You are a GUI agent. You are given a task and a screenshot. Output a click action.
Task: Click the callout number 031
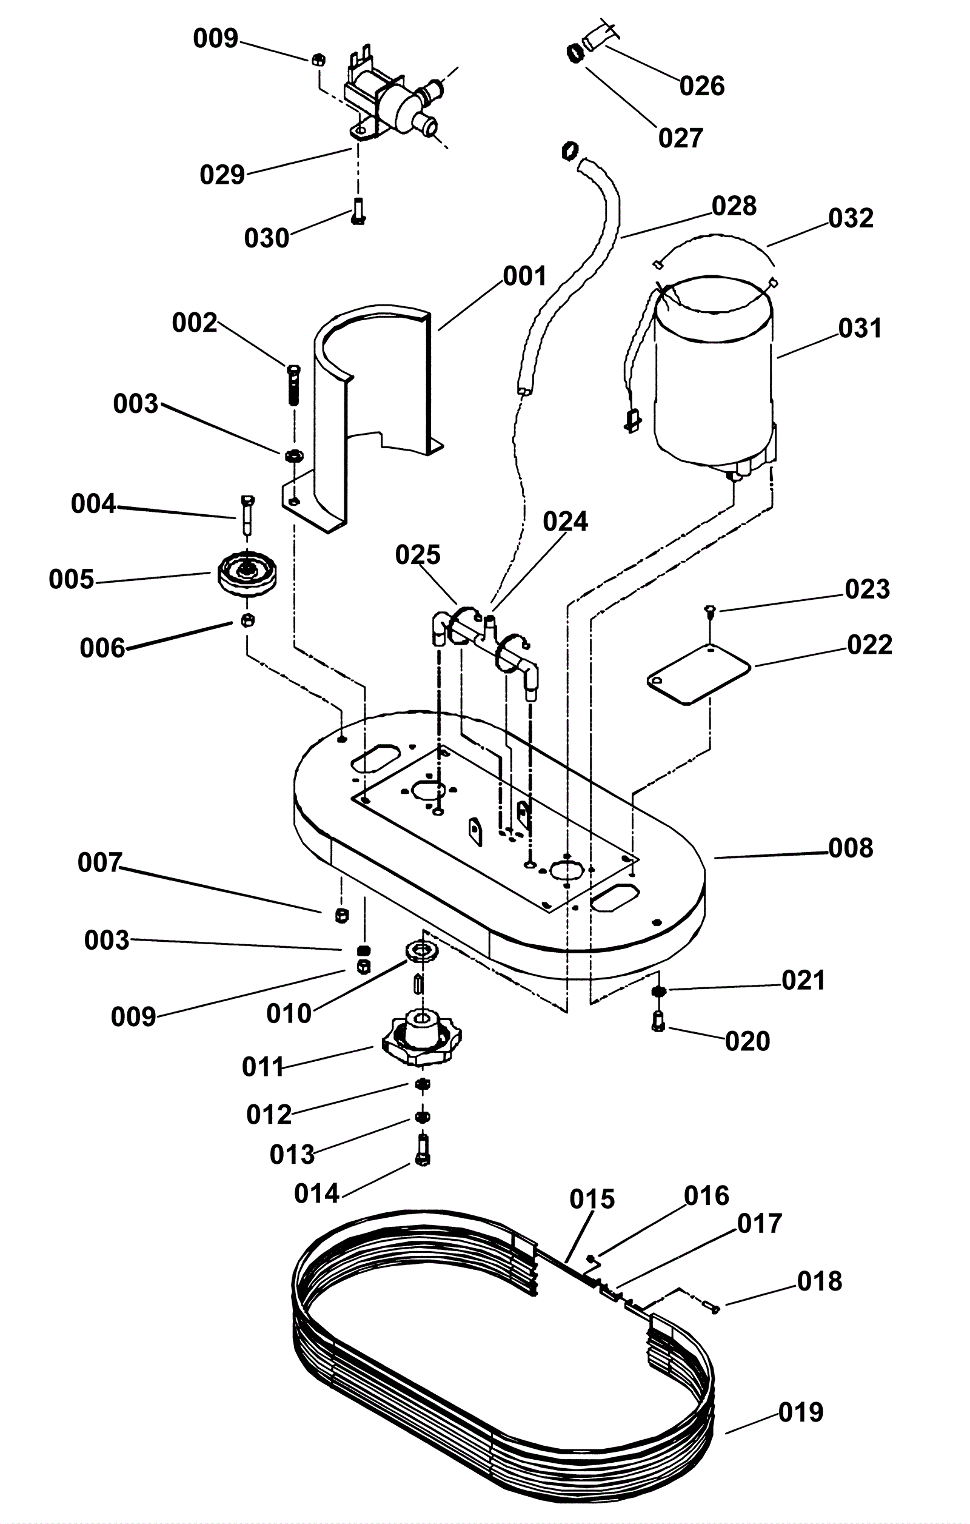860,329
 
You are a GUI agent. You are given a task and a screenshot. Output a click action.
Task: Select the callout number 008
851,848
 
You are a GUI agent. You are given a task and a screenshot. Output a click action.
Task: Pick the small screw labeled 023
711,610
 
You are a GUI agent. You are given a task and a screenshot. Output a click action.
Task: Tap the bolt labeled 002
293,385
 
